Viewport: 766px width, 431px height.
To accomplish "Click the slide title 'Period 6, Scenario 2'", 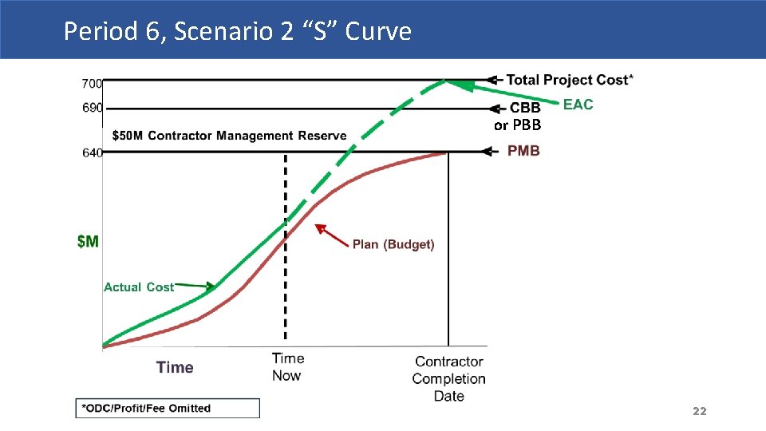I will click(237, 31).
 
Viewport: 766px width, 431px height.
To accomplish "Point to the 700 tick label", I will click(92, 83).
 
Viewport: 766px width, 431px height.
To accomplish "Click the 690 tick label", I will click(92, 109).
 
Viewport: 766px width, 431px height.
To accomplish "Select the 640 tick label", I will click(92, 152).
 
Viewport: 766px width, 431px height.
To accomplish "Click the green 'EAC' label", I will click(578, 105).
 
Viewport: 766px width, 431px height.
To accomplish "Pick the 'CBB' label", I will click(525, 108).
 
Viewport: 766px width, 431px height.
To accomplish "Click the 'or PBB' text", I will click(517, 125).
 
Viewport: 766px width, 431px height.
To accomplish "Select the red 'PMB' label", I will click(523, 151).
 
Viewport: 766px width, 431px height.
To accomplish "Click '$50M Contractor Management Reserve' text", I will click(229, 136).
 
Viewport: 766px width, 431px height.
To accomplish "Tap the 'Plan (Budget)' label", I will click(393, 244).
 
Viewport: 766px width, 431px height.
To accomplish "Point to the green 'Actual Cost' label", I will click(139, 287).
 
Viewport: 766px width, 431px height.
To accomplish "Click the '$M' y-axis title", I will click(88, 241).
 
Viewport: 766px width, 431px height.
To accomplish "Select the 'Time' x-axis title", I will click(175, 367).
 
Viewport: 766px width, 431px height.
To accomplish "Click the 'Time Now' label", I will click(286, 367).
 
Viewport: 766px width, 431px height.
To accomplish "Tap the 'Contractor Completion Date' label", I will click(448, 378).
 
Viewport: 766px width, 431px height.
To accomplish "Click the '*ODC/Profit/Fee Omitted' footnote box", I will click(168, 408).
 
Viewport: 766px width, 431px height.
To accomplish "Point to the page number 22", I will click(699, 411).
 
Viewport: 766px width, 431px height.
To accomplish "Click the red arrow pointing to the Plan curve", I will click(331, 235).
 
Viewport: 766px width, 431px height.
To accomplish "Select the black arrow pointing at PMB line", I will click(495, 151).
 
